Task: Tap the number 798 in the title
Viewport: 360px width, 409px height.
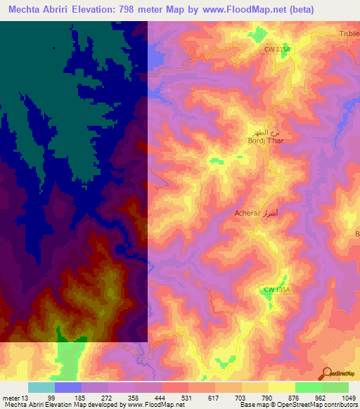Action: click(130, 9)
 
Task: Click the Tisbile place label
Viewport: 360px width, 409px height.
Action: click(349, 34)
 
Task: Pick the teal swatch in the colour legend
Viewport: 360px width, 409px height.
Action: click(41, 387)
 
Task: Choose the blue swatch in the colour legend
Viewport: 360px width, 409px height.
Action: click(68, 387)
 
